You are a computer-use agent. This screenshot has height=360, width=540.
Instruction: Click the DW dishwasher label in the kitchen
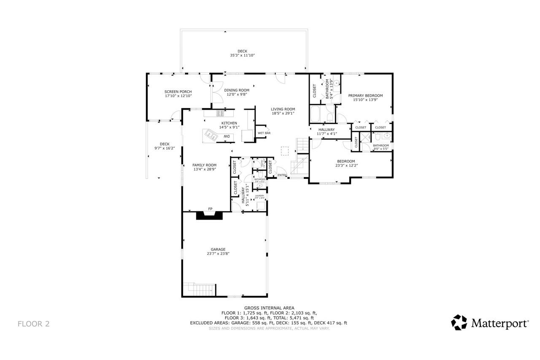pyautogui.click(x=227, y=136)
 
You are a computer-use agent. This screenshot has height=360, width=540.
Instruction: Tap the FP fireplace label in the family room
pyautogui.click(x=210, y=209)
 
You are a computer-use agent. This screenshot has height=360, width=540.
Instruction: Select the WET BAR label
pyautogui.click(x=264, y=133)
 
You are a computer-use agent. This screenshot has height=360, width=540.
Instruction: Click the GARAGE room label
pyautogui.click(x=218, y=249)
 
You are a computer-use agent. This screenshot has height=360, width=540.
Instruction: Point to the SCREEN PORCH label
pyautogui.click(x=178, y=92)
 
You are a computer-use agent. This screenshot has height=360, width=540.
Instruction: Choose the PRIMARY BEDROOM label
pyautogui.click(x=365, y=95)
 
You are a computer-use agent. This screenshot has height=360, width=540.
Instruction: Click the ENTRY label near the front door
pyautogui.click(x=282, y=175)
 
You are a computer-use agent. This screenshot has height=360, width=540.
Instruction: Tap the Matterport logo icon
pyautogui.click(x=459, y=322)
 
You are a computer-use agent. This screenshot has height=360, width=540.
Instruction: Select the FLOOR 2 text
pyautogui.click(x=33, y=324)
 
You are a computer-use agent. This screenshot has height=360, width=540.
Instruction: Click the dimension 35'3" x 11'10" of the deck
pyautogui.click(x=242, y=55)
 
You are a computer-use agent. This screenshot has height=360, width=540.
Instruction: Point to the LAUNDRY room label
pyautogui.click(x=259, y=196)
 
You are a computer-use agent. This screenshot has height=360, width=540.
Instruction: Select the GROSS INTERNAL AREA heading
pyautogui.click(x=269, y=308)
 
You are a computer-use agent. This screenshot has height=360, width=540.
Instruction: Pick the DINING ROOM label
pyautogui.click(x=237, y=90)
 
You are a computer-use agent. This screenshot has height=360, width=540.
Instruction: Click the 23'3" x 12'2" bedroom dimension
pyautogui.click(x=346, y=165)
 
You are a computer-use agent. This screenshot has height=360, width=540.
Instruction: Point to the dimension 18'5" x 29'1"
pyautogui.click(x=283, y=113)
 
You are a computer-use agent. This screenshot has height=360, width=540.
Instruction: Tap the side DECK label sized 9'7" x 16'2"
pyautogui.click(x=164, y=144)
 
